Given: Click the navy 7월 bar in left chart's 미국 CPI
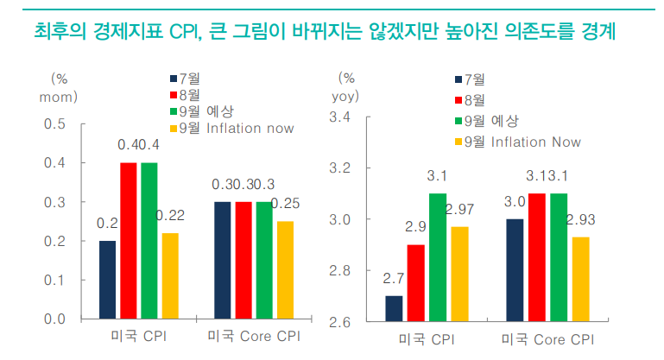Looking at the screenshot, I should (x=107, y=280).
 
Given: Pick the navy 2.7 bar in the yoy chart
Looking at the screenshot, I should (x=394, y=309).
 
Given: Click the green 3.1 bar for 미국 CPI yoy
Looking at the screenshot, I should (x=438, y=258).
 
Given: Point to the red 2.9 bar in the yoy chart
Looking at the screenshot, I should (x=416, y=283).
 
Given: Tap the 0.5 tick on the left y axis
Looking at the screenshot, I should (x=55, y=123).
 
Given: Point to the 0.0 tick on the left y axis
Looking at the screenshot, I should (x=55, y=319).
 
